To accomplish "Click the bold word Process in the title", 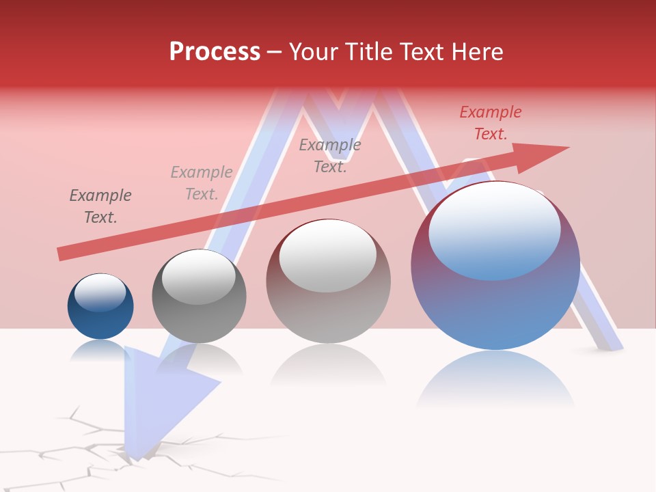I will click(215, 52).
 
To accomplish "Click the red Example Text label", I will click(491, 123).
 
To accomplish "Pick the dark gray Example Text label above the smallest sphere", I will click(100, 206).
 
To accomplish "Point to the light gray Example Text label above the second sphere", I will click(202, 183).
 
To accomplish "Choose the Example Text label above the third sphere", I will click(330, 156).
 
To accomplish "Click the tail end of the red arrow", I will click(61, 254).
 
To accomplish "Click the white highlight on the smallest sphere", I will click(100, 292).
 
